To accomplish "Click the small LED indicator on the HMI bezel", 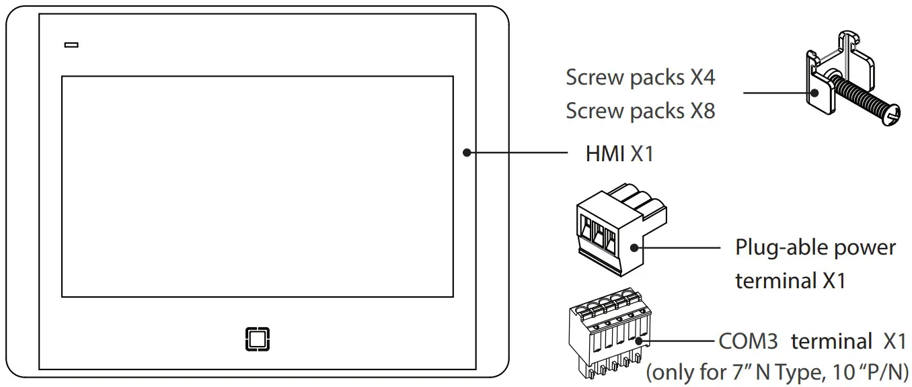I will [x=71, y=46].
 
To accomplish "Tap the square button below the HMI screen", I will [x=257, y=339].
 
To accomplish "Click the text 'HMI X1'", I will [x=619, y=155].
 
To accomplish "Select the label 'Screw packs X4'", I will [x=640, y=78].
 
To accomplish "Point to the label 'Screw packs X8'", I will [x=640, y=111].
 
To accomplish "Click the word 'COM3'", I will [x=748, y=341].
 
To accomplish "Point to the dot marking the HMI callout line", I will [x=466, y=153].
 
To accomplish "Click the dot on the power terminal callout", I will [x=634, y=247].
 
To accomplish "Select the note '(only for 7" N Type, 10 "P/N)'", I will [x=777, y=371].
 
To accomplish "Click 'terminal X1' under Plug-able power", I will [x=790, y=281].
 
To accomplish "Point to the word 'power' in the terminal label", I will [x=865, y=247].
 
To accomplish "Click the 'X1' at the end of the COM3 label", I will [x=894, y=341].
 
